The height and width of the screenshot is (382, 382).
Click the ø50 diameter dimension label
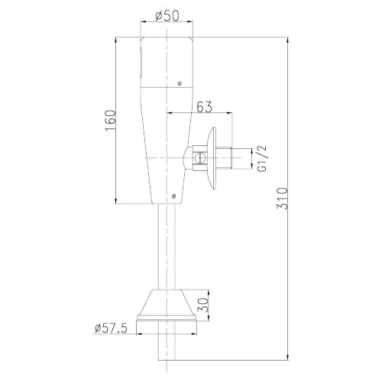pyautogui.click(x=167, y=16)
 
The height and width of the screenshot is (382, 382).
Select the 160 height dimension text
pyautogui.click(x=110, y=121)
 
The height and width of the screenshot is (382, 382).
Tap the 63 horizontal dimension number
pyautogui.click(x=204, y=107)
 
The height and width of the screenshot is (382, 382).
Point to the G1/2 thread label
pyautogui.click(x=262, y=158)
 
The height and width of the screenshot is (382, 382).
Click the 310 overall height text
pyautogui.click(x=282, y=199)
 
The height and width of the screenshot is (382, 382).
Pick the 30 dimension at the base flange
pyautogui.click(x=203, y=306)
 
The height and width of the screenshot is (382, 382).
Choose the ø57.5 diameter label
pyautogui.click(x=111, y=328)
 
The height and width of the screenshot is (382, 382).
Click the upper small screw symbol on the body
pyautogui.click(x=180, y=83)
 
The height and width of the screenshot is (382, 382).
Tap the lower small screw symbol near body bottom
pyautogui.click(x=174, y=196)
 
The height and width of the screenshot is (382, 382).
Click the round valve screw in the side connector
pyautogui.click(x=199, y=158)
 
